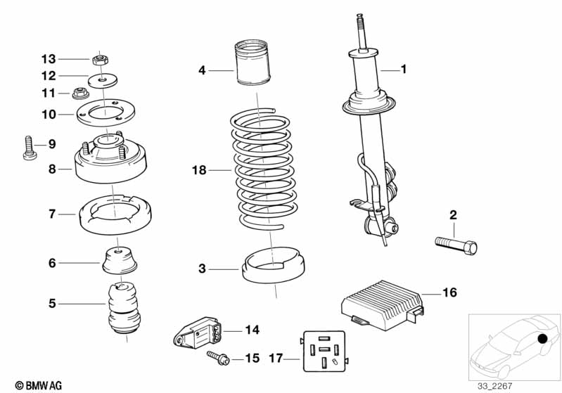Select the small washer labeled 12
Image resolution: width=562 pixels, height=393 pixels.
(x=103, y=77)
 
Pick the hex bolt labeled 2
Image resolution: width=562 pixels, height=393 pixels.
(x=456, y=246)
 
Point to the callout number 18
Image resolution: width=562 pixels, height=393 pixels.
(x=200, y=169)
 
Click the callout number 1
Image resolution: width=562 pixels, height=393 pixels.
(x=404, y=69)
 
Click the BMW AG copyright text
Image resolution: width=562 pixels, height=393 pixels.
(x=34, y=385)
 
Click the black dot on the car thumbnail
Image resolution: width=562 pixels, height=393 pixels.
(x=542, y=340)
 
